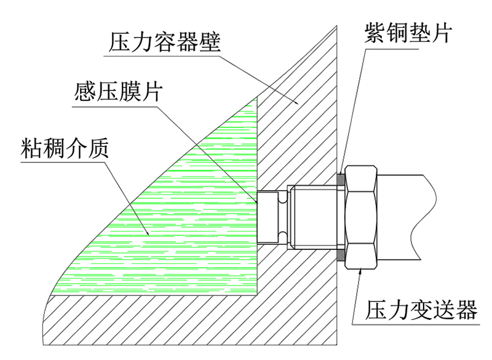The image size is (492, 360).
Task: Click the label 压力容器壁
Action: click(165, 42)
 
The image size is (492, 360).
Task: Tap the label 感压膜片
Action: click(119, 91)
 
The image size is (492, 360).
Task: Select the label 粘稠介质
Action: click(65, 148)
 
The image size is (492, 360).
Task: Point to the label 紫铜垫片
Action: click(408, 33)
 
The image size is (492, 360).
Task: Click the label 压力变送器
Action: click(421, 310)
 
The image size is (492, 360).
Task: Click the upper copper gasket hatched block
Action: click(341, 179)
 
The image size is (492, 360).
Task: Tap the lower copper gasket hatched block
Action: click(341, 255)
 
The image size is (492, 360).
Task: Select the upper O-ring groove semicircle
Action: click(282, 198)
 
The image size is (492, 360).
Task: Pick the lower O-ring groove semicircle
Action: click(282, 237)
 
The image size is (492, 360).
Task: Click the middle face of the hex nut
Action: click(361, 217)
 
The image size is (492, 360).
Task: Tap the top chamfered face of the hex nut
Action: click(361, 177)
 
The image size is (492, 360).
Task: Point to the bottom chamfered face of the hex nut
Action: click(361, 257)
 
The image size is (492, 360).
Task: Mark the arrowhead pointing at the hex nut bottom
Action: click(360, 271)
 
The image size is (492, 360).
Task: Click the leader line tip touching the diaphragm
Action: click(257, 203)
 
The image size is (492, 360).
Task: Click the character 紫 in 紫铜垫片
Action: click(375, 33)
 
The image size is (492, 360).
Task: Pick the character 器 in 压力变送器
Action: click(467, 310)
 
